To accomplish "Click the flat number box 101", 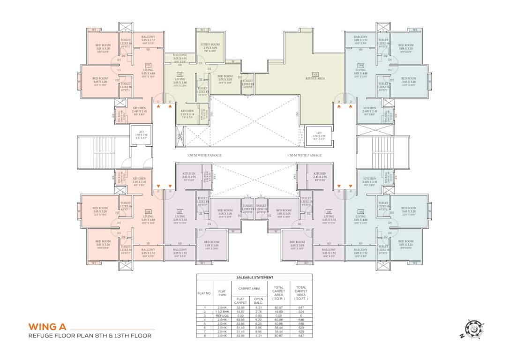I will [x=148, y=66].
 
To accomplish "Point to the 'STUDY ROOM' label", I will [x=209, y=45].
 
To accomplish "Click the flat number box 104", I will [x=360, y=66].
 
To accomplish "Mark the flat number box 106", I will [x=329, y=211].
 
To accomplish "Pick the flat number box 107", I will [x=180, y=211].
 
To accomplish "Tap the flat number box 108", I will [x=148, y=211].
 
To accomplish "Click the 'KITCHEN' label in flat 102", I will [x=187, y=111].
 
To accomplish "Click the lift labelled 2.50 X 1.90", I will [x=318, y=135].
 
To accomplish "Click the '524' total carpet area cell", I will [x=301, y=311].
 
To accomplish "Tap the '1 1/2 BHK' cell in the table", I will [x=223, y=311].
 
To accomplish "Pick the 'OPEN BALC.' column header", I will [x=258, y=300].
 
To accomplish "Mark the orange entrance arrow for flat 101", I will [x=159, y=107].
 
